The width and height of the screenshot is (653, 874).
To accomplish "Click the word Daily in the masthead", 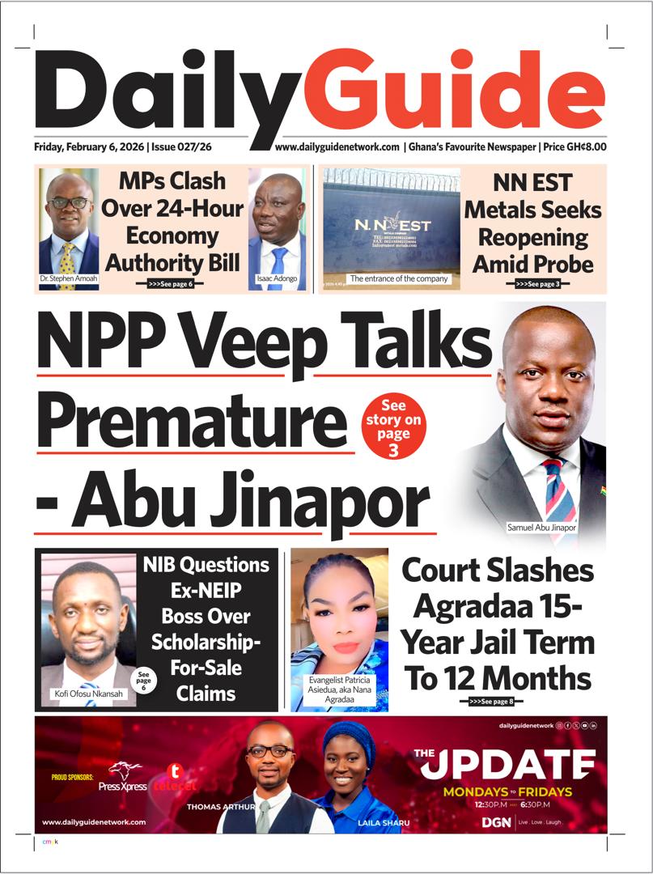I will pos(167,91).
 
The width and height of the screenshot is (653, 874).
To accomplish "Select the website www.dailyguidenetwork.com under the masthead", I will pos(337,147).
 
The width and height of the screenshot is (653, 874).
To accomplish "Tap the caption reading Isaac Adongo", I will pos(277,278).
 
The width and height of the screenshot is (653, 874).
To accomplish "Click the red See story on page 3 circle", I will pos(393,428).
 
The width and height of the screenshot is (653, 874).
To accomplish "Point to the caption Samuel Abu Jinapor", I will pos(541,528).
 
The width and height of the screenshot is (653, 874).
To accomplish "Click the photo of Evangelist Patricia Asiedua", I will pos(339,615).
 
